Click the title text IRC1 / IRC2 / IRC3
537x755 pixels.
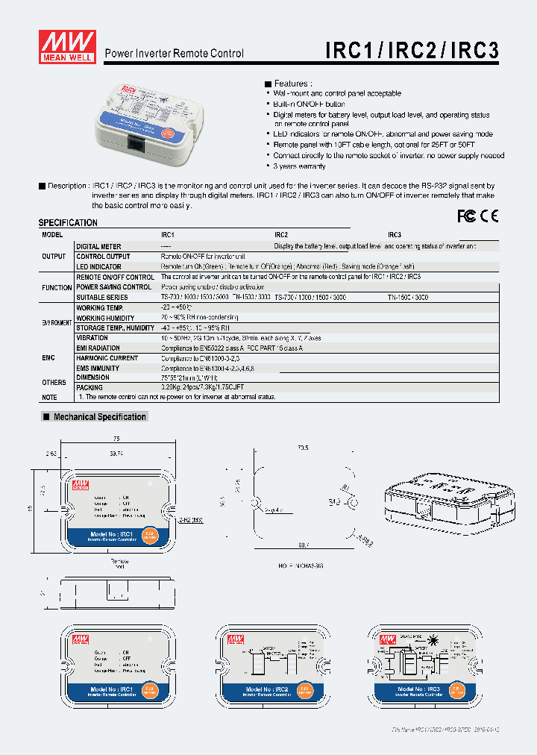412,50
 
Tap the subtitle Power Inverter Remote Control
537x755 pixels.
174,54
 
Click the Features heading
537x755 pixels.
290,84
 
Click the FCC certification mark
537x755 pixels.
466,216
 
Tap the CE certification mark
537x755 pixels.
489,216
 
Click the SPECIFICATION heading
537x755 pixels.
68,223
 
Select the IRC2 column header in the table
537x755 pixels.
281,234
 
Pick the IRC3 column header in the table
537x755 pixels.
395,234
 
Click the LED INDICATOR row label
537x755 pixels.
98,266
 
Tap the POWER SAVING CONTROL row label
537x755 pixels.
113,286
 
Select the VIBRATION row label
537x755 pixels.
92,338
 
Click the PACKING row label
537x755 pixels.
89,388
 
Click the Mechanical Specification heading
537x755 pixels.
99,417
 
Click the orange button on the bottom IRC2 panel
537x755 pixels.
304,691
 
